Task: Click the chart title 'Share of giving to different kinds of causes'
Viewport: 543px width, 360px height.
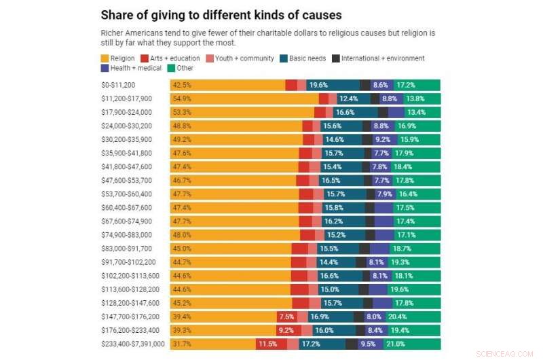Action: [x=221, y=14]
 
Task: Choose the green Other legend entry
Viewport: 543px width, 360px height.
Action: [x=181, y=68]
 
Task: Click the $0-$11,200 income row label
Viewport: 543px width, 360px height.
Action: [x=117, y=85]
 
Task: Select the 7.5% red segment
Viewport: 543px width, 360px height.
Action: [x=286, y=317]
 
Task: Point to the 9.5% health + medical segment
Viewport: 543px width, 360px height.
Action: [x=369, y=344]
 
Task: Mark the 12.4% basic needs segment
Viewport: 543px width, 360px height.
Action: [x=348, y=98]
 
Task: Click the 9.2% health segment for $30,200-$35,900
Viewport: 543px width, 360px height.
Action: [x=382, y=139]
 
